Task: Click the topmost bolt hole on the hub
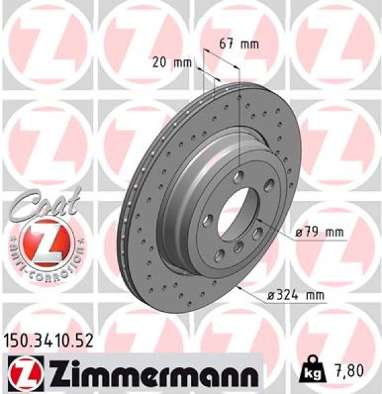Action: (240, 175)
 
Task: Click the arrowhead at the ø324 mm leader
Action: (241, 288)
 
